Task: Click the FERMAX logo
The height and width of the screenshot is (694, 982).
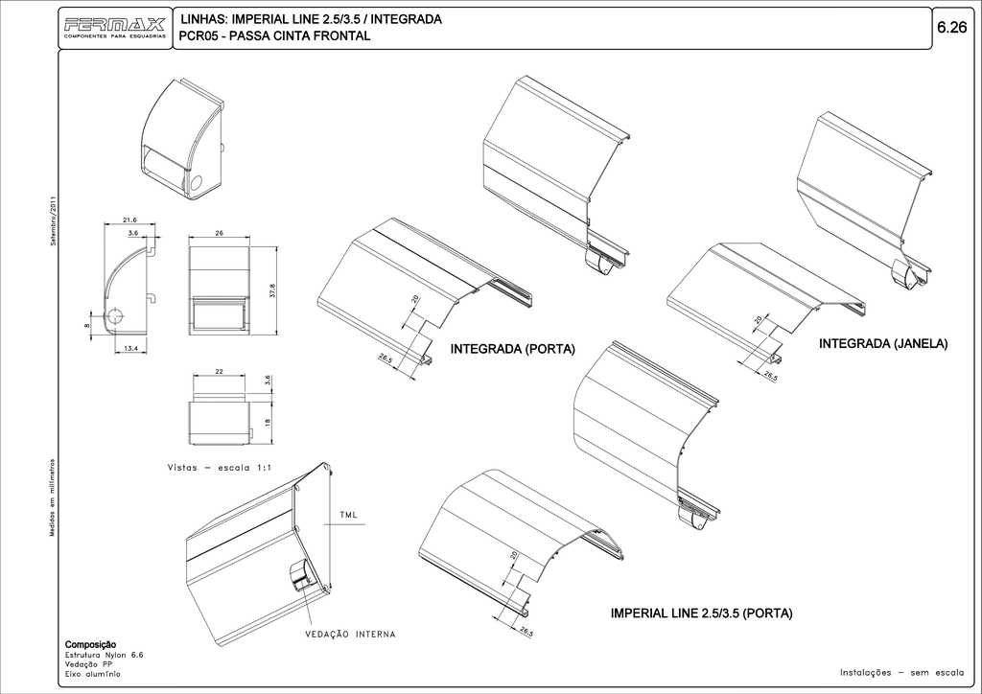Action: pyautogui.click(x=115, y=26)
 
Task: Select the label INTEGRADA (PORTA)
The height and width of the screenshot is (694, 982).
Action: pyautogui.click(x=512, y=349)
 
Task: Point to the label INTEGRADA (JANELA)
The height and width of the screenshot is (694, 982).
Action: pyautogui.click(x=882, y=343)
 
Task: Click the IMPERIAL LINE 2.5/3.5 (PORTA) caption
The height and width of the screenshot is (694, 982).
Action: pyautogui.click(x=701, y=613)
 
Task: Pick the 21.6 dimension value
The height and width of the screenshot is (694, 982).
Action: pyautogui.click(x=130, y=220)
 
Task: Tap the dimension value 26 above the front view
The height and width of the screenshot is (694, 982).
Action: pyautogui.click(x=220, y=233)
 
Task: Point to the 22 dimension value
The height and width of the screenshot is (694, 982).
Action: pyautogui.click(x=219, y=371)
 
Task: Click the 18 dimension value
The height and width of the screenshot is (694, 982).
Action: pyautogui.click(x=268, y=423)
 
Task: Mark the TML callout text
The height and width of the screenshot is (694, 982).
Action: pyautogui.click(x=349, y=516)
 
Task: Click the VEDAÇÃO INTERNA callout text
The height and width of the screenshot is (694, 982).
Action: pyautogui.click(x=350, y=635)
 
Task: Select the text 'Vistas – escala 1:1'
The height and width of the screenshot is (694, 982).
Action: pyautogui.click(x=221, y=468)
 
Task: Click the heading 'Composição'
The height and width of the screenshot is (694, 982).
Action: pyautogui.click(x=90, y=644)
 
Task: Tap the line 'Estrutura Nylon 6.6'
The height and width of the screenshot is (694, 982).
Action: pyautogui.click(x=104, y=655)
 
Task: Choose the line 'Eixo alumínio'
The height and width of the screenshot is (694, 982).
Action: pyautogui.click(x=92, y=674)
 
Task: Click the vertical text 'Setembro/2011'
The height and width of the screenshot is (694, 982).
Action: pyautogui.click(x=54, y=221)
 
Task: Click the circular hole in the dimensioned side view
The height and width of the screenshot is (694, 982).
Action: pyautogui.click(x=115, y=316)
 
